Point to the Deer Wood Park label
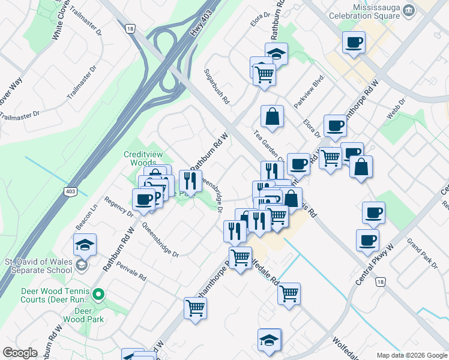click(89, 315)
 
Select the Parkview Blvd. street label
click(309, 91)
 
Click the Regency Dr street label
click(118, 206)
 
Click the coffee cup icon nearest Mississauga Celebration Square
click(354, 42)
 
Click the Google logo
click(20, 353)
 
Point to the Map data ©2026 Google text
click(411, 355)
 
